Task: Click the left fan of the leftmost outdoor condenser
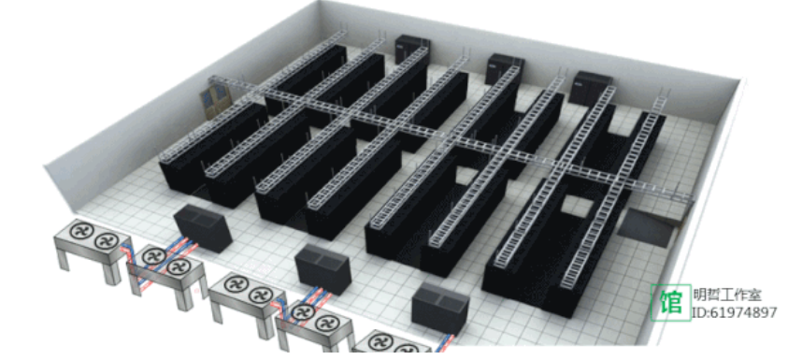coord(80,231)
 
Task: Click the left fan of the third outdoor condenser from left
coord(236,284)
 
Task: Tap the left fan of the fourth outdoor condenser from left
coord(304,312)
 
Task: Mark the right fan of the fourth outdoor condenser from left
coord(329,323)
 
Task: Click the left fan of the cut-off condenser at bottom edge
coord(380,342)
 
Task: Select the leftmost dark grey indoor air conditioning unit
coord(203,228)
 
